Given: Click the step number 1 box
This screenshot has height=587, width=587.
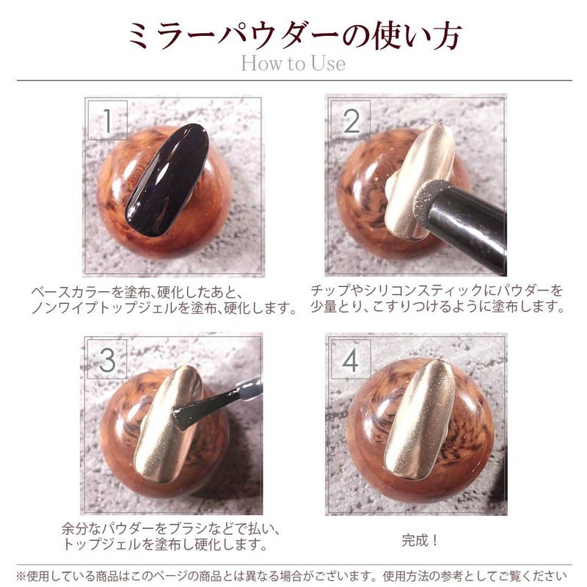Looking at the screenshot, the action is (108, 120).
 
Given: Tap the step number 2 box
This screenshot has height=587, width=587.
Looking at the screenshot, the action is (351, 120).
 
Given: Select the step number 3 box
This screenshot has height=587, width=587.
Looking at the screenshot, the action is (107, 360).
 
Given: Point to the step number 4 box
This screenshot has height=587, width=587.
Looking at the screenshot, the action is (351, 360).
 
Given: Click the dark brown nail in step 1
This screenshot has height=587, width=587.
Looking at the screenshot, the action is (167, 180).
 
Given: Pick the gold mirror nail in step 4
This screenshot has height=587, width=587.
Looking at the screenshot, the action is (420, 418).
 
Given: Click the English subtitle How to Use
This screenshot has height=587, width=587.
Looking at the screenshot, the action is (293, 63).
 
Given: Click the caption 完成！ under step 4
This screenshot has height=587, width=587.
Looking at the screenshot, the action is (420, 541).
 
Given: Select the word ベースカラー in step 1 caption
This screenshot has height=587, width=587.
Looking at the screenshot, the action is (71, 292).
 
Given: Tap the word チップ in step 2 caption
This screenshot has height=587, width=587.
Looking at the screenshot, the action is (330, 291).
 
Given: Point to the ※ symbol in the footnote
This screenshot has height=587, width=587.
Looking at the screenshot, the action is (21, 576).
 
